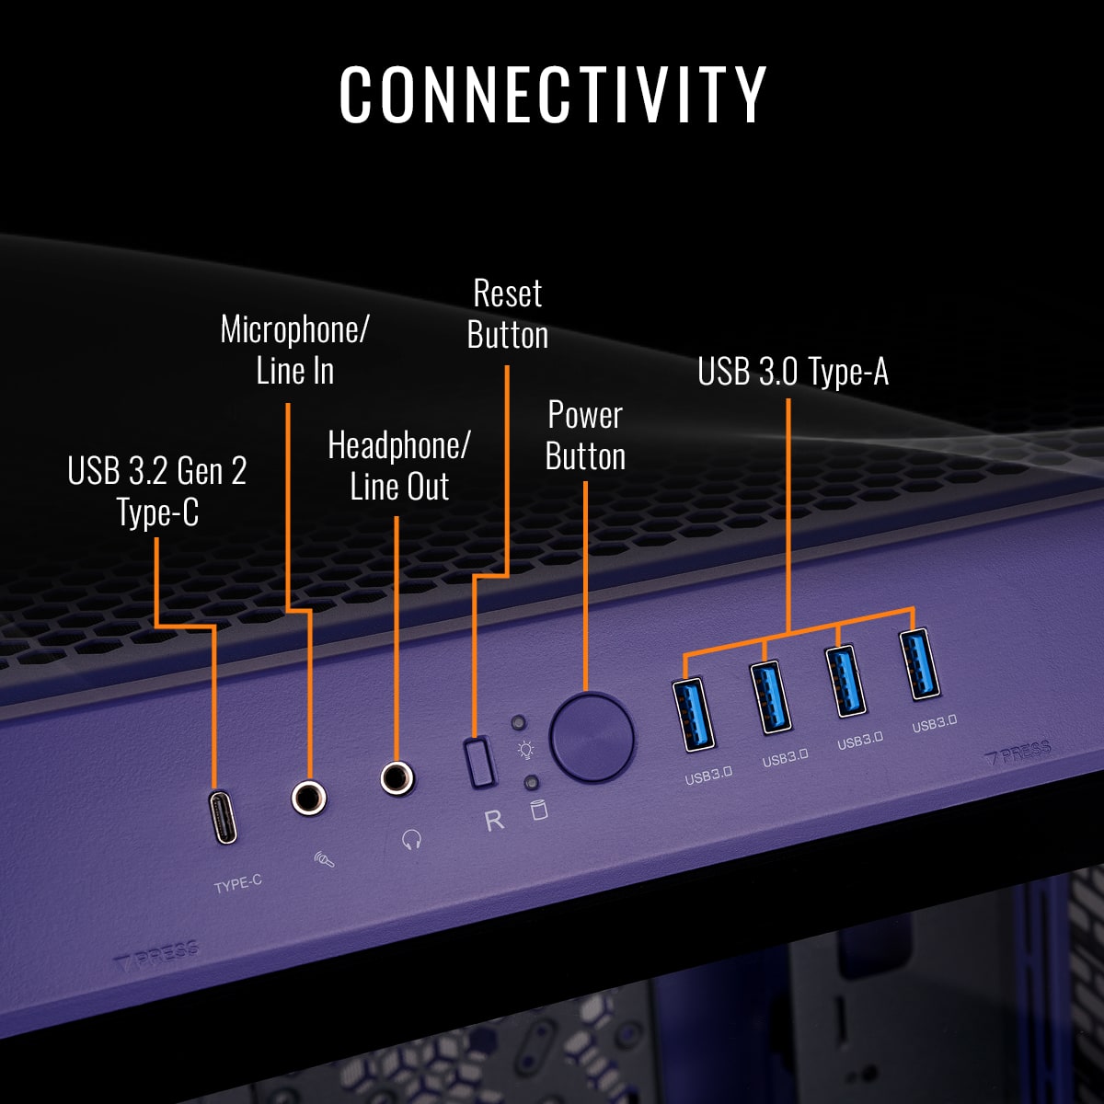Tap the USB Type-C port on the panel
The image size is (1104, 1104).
[224, 817]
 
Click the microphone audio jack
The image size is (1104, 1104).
[309, 797]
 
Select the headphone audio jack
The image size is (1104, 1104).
[397, 778]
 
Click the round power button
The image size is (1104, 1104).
[592, 738]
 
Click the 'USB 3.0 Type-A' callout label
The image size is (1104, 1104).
[793, 372]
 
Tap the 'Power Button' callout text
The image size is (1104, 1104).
[585, 436]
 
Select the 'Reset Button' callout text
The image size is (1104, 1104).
[507, 315]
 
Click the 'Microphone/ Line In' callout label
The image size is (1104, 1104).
[294, 350]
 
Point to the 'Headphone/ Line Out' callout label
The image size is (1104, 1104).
[399, 466]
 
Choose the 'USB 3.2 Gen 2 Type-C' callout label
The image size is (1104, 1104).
[157, 491]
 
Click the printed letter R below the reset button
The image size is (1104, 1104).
[494, 820]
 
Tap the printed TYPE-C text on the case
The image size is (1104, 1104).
[237, 884]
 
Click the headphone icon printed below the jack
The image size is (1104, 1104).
[411, 839]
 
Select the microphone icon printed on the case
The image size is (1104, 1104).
[324, 860]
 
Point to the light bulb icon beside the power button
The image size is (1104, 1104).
[526, 750]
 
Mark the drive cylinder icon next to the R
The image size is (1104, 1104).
[539, 810]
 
